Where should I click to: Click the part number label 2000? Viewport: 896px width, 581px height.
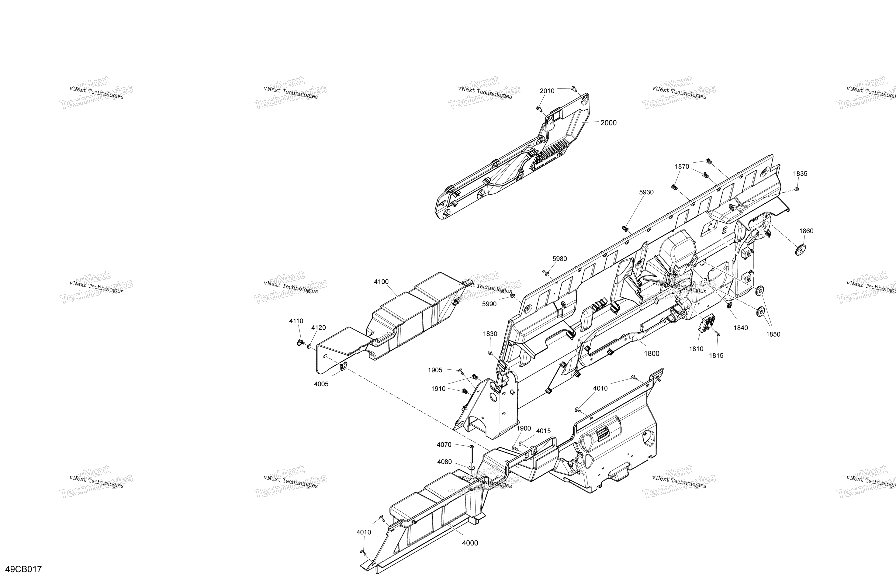608,123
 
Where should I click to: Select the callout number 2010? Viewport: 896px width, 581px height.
547,91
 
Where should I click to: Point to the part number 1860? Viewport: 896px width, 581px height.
806,231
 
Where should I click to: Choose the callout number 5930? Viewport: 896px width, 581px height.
646,192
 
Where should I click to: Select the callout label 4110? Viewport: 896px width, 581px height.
296,321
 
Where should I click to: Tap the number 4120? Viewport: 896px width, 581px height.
319,328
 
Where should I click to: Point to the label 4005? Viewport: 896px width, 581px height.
321,384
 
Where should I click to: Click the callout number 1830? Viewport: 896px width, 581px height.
490,334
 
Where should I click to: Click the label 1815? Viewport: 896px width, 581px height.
716,355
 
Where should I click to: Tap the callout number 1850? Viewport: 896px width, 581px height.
773,334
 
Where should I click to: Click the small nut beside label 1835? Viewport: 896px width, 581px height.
797,189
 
